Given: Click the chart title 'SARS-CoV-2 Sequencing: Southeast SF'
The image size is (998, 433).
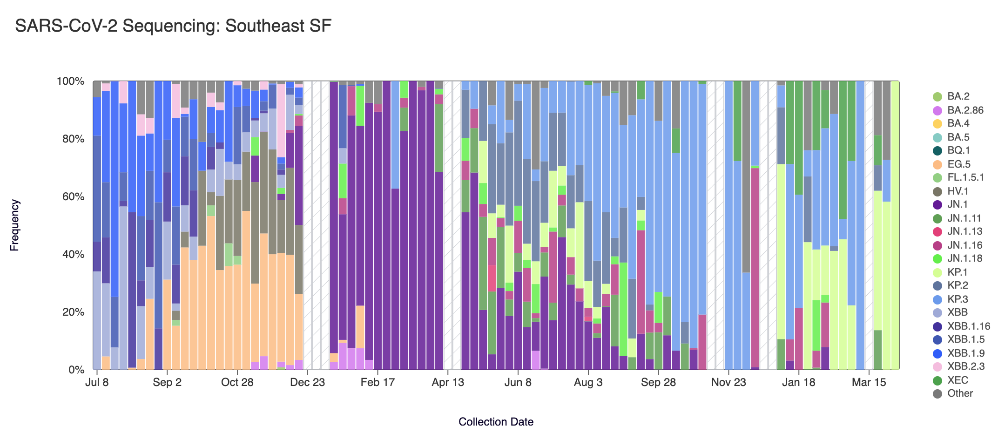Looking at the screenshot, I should click(x=173, y=26).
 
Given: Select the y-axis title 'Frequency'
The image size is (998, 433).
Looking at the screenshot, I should click(x=15, y=225).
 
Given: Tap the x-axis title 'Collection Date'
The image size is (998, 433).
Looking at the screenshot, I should click(x=496, y=422).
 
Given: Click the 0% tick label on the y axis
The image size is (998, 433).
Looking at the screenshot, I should click(x=76, y=370).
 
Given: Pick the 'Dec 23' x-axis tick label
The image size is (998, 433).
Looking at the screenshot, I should click(x=307, y=383).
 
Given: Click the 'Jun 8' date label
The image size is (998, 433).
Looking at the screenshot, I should click(x=518, y=383).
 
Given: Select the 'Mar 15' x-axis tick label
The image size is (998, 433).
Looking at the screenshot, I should click(x=869, y=383).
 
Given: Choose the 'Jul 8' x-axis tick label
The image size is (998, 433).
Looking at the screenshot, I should click(x=97, y=383).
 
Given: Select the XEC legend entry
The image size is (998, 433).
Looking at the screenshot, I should click(x=958, y=380).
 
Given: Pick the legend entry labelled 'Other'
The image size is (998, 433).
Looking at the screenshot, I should click(x=959, y=393).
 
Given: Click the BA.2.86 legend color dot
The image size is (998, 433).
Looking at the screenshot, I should click(x=937, y=110).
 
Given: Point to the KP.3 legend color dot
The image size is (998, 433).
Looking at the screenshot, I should click(x=937, y=299).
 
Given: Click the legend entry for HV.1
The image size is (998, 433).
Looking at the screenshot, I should click(x=958, y=191).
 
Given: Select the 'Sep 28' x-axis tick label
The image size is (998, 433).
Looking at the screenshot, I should click(x=658, y=383).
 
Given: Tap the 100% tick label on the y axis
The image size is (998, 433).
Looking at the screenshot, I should click(x=71, y=81).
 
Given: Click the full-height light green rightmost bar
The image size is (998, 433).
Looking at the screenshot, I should click(x=895, y=225).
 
